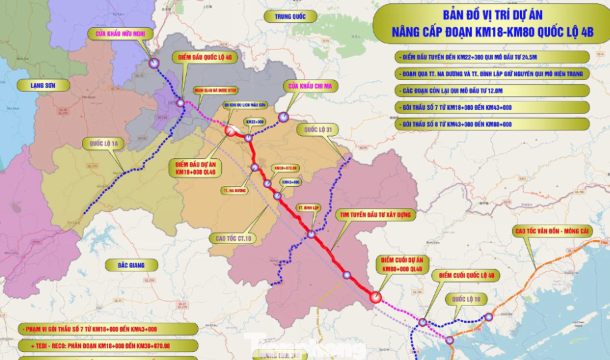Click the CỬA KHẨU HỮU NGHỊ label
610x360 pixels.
click(121, 33)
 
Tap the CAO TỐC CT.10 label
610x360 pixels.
click(231, 237)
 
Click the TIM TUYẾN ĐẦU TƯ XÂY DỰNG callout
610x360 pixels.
click(375, 215)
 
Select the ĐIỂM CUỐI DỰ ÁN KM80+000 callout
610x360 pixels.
click(399, 264)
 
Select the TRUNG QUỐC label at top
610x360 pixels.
click(285, 16)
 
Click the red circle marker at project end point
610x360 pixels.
click(376, 298)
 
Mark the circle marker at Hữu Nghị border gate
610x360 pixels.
click(154, 63)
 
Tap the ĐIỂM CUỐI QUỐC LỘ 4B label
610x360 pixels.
click(465, 275)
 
